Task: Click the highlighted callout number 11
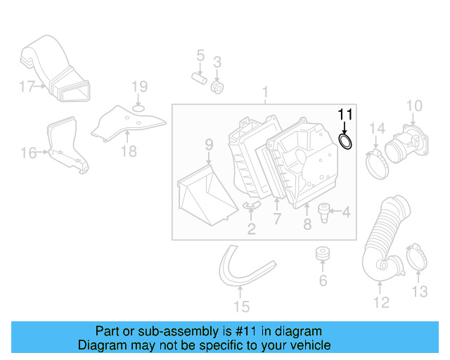[x=345, y=114]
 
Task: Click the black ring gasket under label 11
[x=346, y=143]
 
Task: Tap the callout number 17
[x=27, y=86]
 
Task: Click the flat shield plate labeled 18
[x=127, y=120]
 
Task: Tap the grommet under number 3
[x=217, y=88]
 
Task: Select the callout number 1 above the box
[x=266, y=92]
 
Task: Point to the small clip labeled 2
[x=252, y=205]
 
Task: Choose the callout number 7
[x=277, y=220]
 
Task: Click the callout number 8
[x=307, y=224]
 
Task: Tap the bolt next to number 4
[x=325, y=210]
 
